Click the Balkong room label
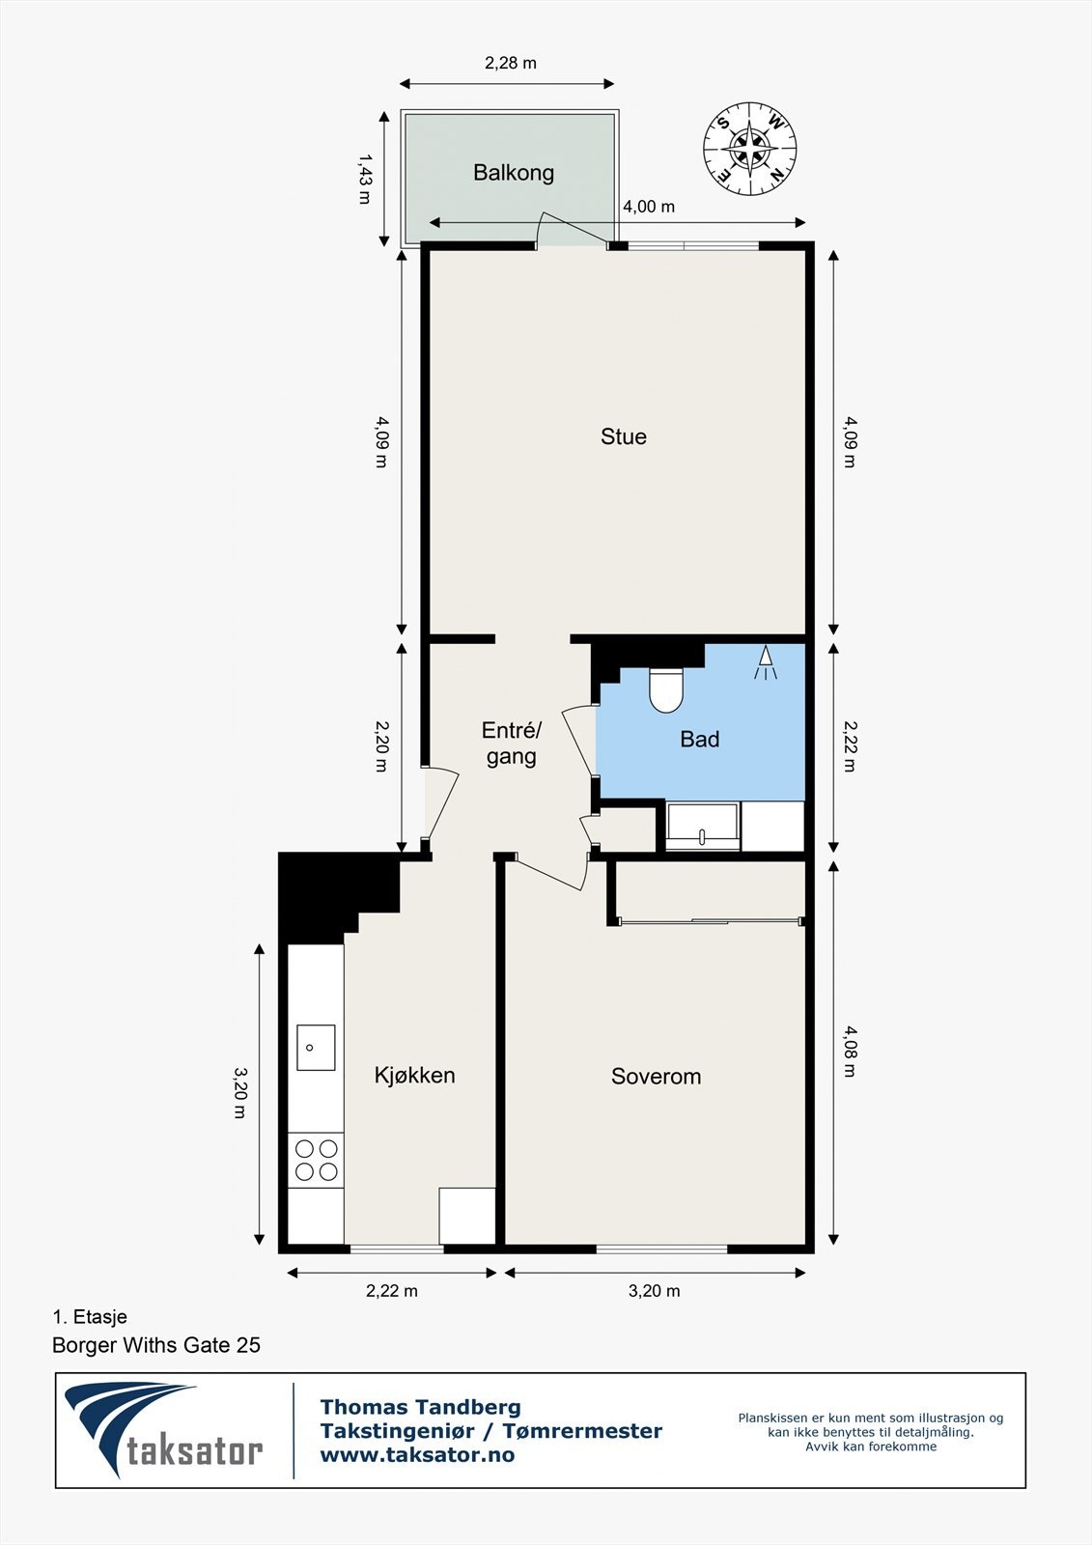click(514, 173)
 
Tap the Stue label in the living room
click(624, 436)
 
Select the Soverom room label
click(656, 1076)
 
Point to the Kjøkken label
click(414, 1075)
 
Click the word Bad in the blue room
click(699, 740)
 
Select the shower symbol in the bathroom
click(766, 663)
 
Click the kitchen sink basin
click(316, 1047)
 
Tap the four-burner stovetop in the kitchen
click(316, 1160)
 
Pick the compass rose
click(750, 149)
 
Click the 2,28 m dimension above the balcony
click(511, 64)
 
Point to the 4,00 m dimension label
click(649, 207)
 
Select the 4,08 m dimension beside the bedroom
click(850, 1052)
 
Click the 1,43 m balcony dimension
click(364, 179)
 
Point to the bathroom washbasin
click(703, 827)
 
